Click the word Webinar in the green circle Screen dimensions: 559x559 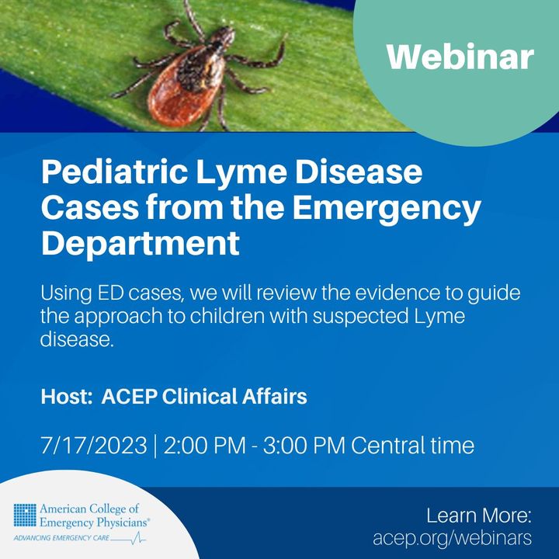point(460,56)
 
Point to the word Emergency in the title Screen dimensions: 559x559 point(398,207)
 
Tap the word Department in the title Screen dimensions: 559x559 point(140,243)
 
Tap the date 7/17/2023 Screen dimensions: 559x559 point(94,446)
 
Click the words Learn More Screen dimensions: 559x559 point(478,516)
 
